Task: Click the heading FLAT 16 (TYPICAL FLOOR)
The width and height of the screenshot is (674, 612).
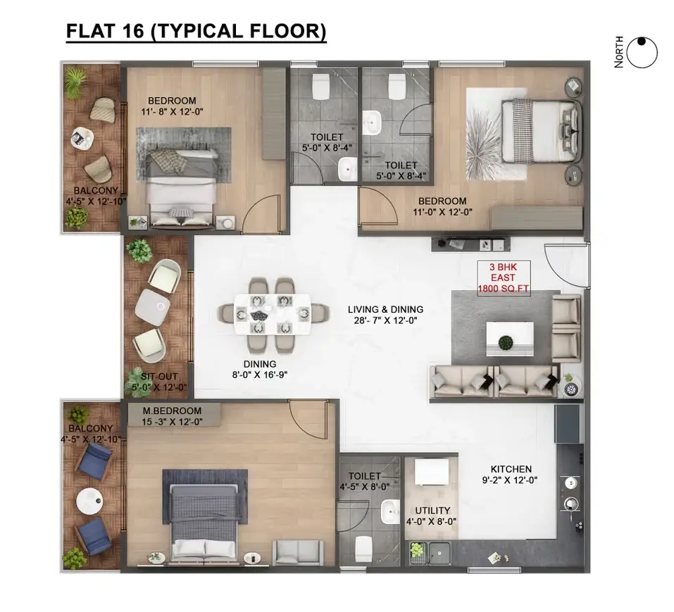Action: pyautogui.click(x=196, y=32)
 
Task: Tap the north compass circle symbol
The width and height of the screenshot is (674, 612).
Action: pyautogui.click(x=642, y=52)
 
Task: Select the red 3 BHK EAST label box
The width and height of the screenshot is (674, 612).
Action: pyautogui.click(x=504, y=277)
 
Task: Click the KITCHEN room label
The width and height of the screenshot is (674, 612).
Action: pyautogui.click(x=511, y=469)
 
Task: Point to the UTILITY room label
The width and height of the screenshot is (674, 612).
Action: pyautogui.click(x=432, y=510)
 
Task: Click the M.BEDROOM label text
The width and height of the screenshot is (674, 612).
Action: pyautogui.click(x=172, y=411)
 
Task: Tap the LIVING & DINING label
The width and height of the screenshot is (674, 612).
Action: pyautogui.click(x=385, y=309)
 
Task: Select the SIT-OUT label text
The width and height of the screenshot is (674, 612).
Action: pyautogui.click(x=159, y=377)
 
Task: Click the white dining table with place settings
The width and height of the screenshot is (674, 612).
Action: pyautogui.click(x=273, y=313)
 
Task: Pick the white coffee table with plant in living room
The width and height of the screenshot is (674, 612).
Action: pyautogui.click(x=510, y=339)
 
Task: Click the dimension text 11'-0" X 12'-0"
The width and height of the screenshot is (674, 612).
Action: pyautogui.click(x=443, y=212)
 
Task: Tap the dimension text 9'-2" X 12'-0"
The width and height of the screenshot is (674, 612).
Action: pyautogui.click(x=510, y=480)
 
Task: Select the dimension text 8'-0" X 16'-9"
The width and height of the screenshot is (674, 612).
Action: pyautogui.click(x=260, y=375)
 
